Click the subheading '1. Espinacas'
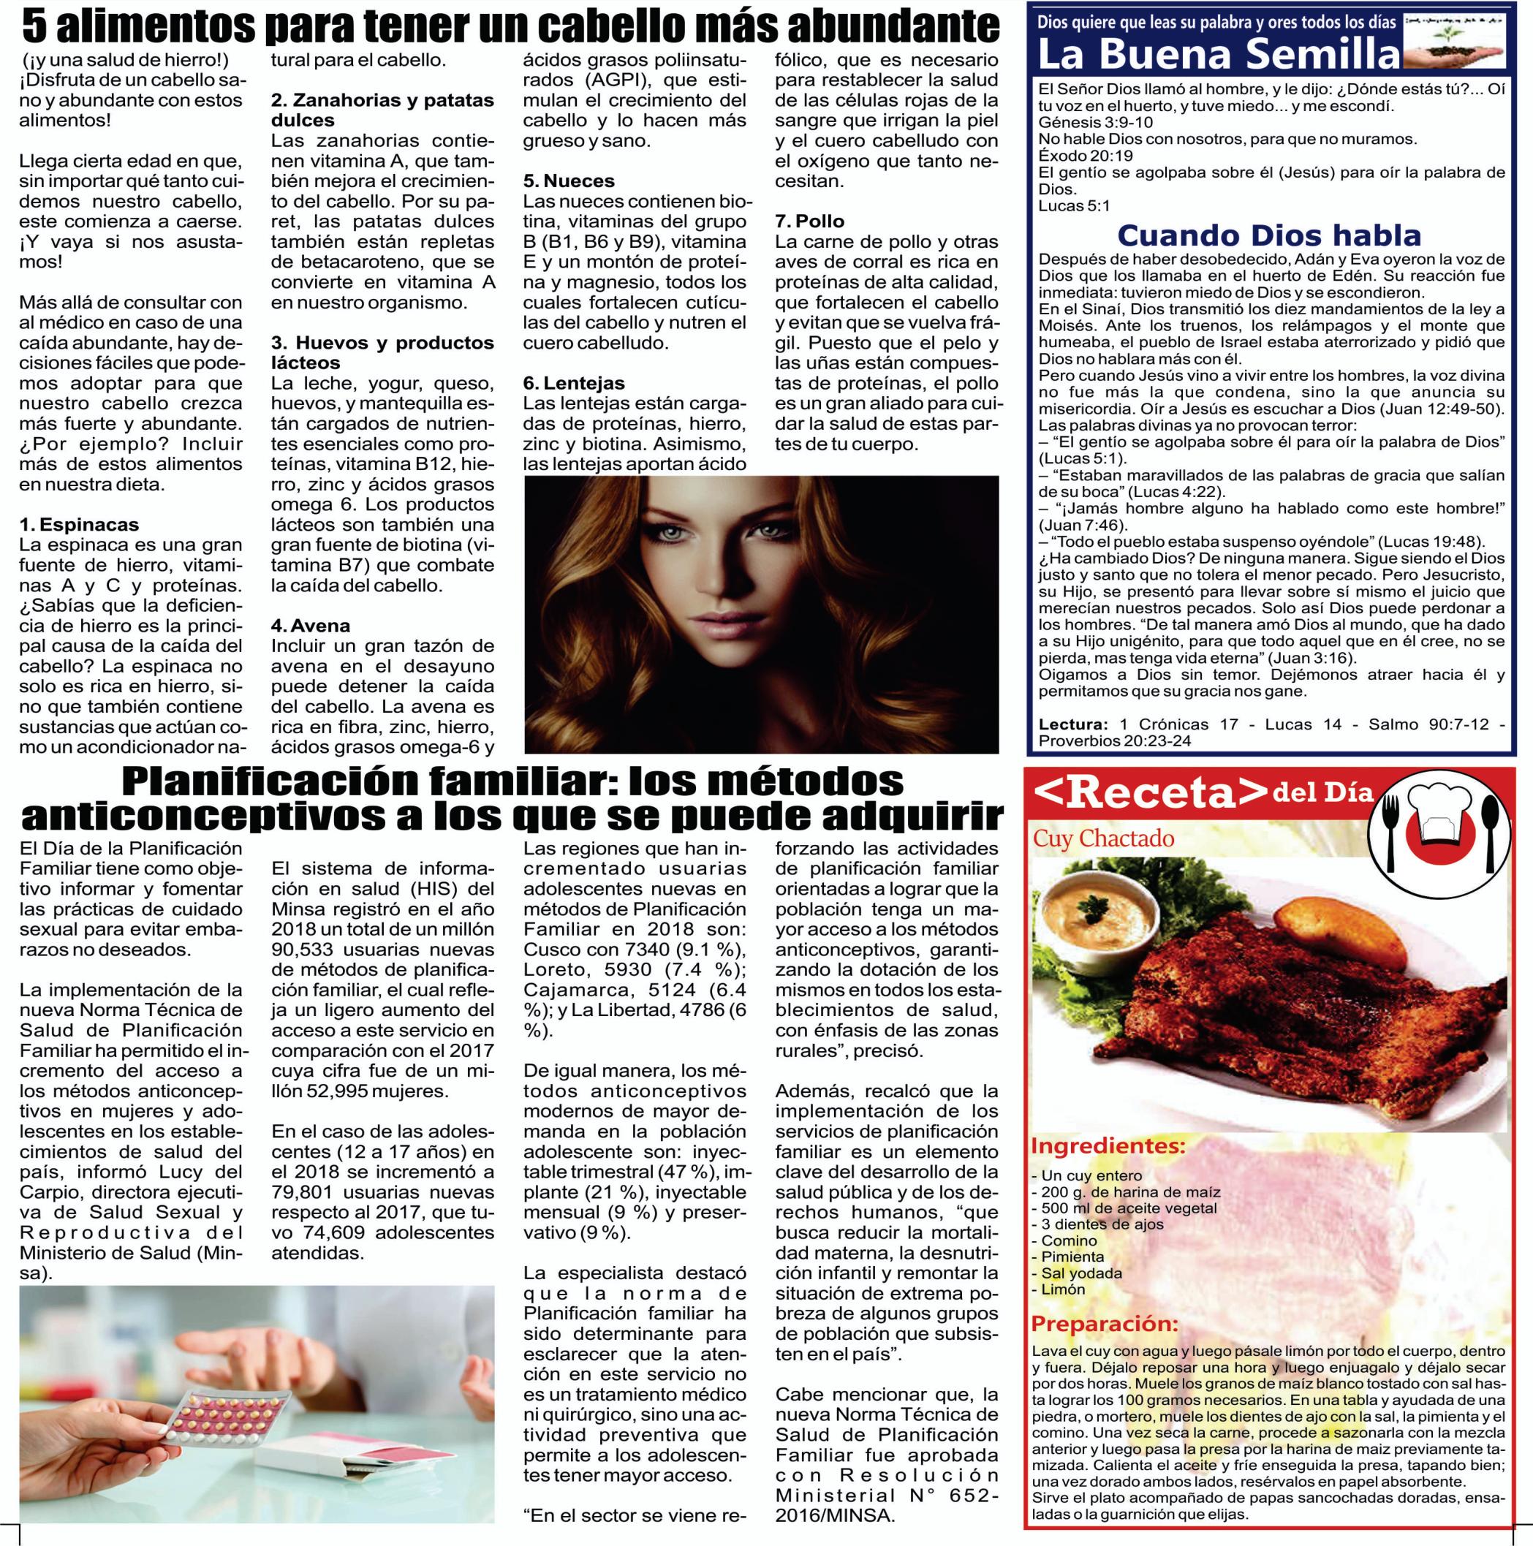coord(79,525)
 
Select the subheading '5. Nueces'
coord(569,181)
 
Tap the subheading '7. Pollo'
coord(810,221)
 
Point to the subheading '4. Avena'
coord(311,624)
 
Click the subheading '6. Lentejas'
coord(574,383)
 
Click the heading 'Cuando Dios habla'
coord(1269,235)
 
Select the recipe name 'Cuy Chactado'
coord(1103,838)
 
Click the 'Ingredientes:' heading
coord(1108,1145)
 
